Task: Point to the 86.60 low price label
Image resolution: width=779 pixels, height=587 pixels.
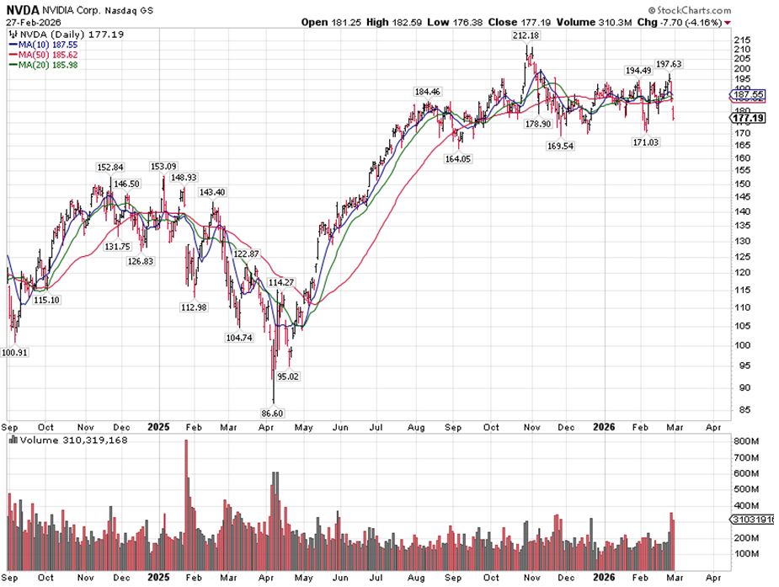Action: click(274, 414)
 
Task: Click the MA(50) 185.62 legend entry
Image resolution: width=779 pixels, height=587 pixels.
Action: click(41, 53)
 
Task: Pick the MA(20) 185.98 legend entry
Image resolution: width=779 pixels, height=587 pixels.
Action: click(41, 63)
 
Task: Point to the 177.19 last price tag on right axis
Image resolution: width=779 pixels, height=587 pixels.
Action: click(749, 119)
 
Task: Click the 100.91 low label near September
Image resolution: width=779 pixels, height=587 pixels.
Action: click(16, 353)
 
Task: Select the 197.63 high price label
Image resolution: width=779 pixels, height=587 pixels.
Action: click(669, 64)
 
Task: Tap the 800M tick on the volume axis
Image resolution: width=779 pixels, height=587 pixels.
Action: click(743, 440)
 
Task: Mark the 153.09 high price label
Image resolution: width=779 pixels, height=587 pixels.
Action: click(163, 166)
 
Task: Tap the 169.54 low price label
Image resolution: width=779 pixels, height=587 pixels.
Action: click(561, 146)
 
